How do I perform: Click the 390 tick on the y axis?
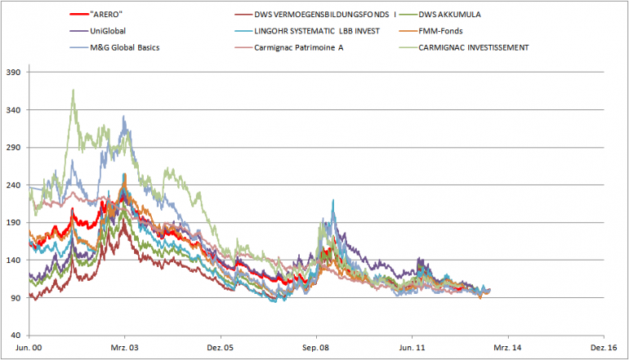[14, 72]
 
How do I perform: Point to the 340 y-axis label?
[14, 109]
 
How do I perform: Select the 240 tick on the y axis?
[14, 185]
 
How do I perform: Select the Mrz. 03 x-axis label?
[124, 347]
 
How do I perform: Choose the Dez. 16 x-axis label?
[603, 347]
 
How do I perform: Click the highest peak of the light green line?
[74, 90]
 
